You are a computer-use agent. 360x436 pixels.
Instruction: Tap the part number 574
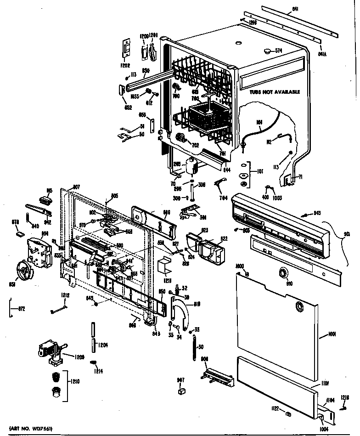[278, 51]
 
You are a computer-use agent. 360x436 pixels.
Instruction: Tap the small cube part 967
[180, 391]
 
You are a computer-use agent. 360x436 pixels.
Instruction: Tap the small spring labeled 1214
[94, 364]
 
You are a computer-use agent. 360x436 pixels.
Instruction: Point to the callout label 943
[316, 213]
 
